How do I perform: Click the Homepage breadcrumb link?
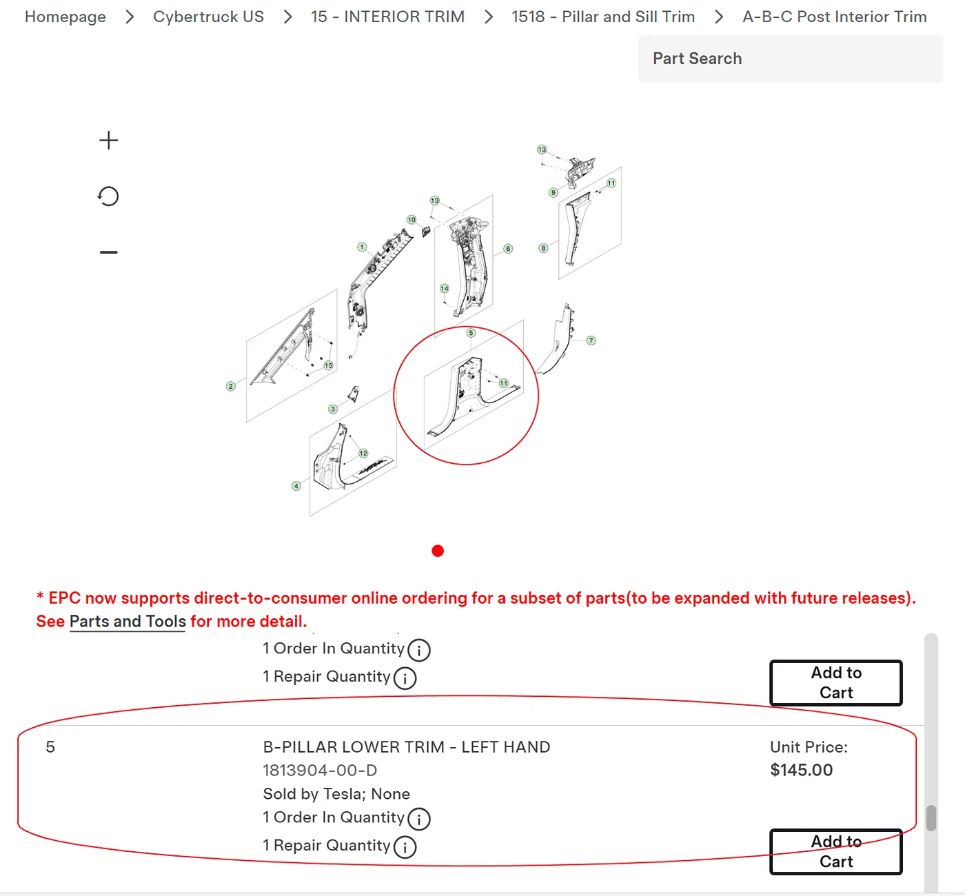(x=65, y=17)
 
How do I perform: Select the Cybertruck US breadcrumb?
(x=208, y=17)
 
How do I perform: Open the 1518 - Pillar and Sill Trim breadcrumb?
(x=603, y=17)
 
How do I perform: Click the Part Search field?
(x=791, y=59)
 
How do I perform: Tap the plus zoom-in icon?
(x=108, y=141)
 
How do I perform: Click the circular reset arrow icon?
(x=108, y=196)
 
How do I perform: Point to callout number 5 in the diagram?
(x=470, y=333)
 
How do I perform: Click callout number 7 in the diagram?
(x=591, y=340)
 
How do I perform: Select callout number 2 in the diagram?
(x=231, y=386)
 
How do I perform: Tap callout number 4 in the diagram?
(x=296, y=486)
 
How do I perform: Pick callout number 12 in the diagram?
(x=363, y=454)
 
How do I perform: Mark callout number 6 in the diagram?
(x=508, y=249)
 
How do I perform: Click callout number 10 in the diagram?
(x=412, y=220)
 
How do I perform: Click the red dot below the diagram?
(x=437, y=551)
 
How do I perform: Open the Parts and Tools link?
(x=128, y=622)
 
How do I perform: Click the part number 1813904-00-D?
(x=320, y=770)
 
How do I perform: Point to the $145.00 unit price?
(x=801, y=770)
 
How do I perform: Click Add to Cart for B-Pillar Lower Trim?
(x=835, y=851)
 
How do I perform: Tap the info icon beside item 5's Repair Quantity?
(x=405, y=847)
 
